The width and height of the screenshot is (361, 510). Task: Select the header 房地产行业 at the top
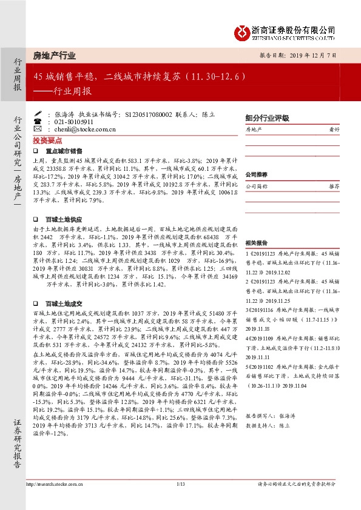[x=55, y=55]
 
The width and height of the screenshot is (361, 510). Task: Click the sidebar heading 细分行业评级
[x=267, y=119]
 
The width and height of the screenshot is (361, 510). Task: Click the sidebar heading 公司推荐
[x=256, y=174]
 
